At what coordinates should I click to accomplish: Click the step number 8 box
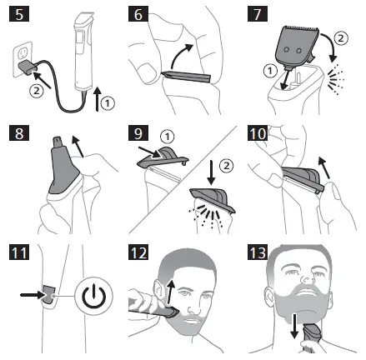(18, 137)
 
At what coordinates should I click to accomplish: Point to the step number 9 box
(140, 137)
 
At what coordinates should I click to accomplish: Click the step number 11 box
(18, 255)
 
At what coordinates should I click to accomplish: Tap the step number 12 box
(140, 255)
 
